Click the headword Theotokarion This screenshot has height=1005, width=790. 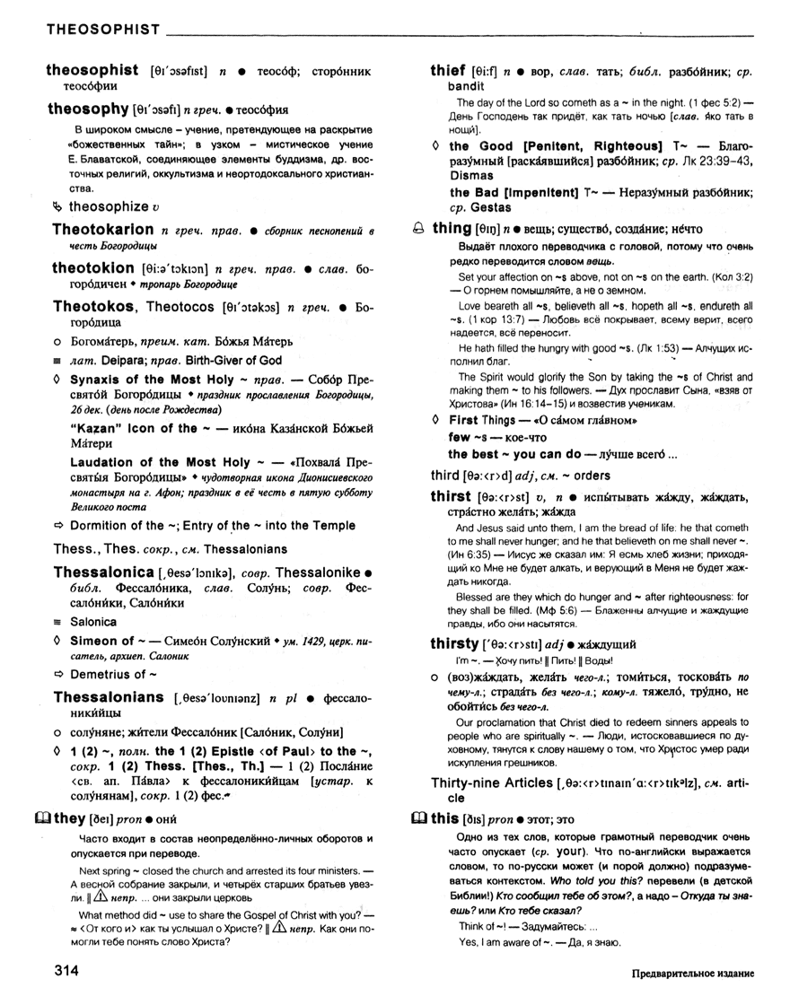click(102, 230)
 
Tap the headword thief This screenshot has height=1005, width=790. click(448, 69)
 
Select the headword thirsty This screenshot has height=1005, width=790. click(454, 643)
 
